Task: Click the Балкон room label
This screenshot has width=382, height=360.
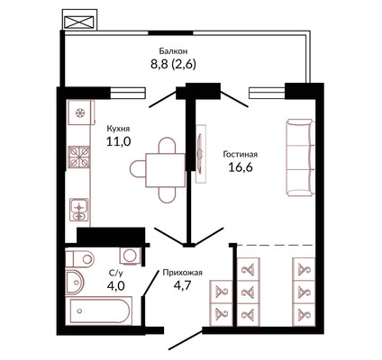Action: pos(173,51)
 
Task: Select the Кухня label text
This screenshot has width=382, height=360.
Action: pos(118,129)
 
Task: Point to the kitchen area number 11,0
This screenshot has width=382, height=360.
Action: pos(118,140)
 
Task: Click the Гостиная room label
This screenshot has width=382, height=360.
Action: pos(241,155)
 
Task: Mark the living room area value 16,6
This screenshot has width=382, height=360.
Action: pos(241,166)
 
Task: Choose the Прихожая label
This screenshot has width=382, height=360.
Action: pos(183,273)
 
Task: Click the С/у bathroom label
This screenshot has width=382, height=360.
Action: pos(115,273)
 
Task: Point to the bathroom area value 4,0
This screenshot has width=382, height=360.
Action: pos(115,285)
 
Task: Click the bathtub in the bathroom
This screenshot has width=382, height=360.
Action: pos(99,310)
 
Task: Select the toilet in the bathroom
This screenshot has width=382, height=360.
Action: pos(80,258)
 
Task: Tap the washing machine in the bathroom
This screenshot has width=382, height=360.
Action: pos(131,256)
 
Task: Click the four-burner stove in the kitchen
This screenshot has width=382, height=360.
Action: pos(79,157)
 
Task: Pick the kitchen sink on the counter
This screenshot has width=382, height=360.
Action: pos(79,210)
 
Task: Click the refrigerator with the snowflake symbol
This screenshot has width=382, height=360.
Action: pos(80,112)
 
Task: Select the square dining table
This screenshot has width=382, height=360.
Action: pos(165,170)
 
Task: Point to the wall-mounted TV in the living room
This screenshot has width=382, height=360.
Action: pos(200,154)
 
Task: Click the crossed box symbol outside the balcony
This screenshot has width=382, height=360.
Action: pos(79,22)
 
